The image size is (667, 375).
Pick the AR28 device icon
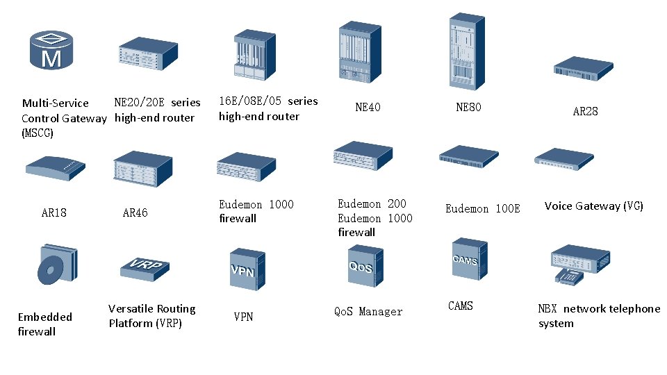[583, 69]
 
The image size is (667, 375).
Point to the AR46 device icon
[142, 170]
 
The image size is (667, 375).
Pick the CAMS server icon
[466, 260]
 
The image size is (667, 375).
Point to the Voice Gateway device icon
[564, 158]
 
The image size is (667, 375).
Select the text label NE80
[468, 107]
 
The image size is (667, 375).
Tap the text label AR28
[585, 111]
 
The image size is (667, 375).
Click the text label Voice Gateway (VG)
[593, 206]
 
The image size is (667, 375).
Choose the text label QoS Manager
[368, 312]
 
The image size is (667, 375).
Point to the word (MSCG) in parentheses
[38, 133]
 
